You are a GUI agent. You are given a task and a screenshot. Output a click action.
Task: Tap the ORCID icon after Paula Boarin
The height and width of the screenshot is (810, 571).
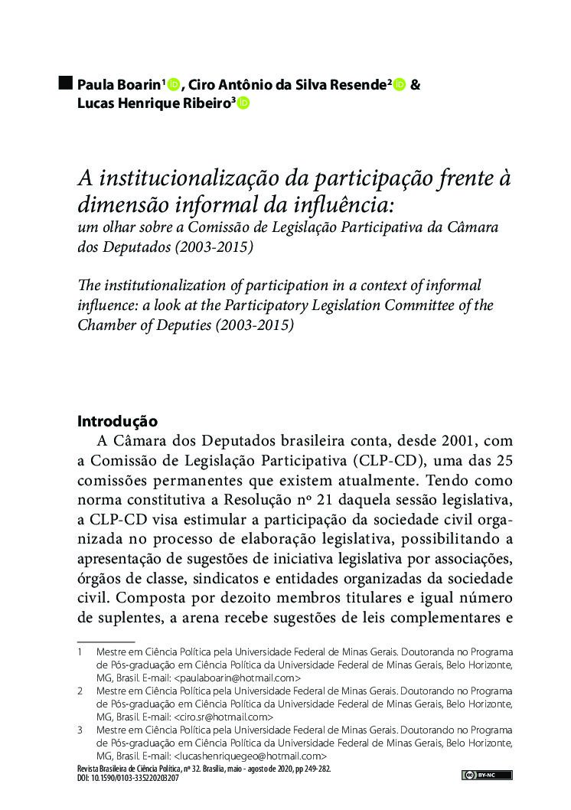click(173, 84)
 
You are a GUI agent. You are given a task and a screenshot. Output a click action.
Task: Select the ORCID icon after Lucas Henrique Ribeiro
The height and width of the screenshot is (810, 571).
click(243, 103)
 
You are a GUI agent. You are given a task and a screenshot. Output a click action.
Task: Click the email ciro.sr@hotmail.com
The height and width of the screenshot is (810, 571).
click(224, 717)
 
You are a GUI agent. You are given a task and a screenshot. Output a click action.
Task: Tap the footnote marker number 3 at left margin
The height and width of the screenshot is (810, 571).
click(80, 730)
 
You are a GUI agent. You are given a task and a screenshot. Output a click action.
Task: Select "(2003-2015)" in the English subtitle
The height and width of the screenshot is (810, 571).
click(254, 324)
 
